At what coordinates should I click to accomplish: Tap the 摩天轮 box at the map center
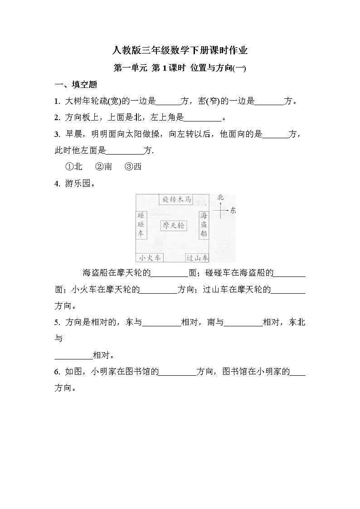click(173, 225)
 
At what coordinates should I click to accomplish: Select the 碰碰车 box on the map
click(141, 225)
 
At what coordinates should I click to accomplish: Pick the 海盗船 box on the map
click(204, 225)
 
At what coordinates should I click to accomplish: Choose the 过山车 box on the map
click(197, 258)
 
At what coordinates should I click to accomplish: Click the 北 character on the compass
click(221, 198)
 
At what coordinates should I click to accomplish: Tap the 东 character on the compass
click(233, 211)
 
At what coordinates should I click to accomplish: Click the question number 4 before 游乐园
click(57, 184)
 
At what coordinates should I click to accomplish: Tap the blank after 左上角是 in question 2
click(203, 118)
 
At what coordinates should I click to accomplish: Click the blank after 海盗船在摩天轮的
click(169, 273)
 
